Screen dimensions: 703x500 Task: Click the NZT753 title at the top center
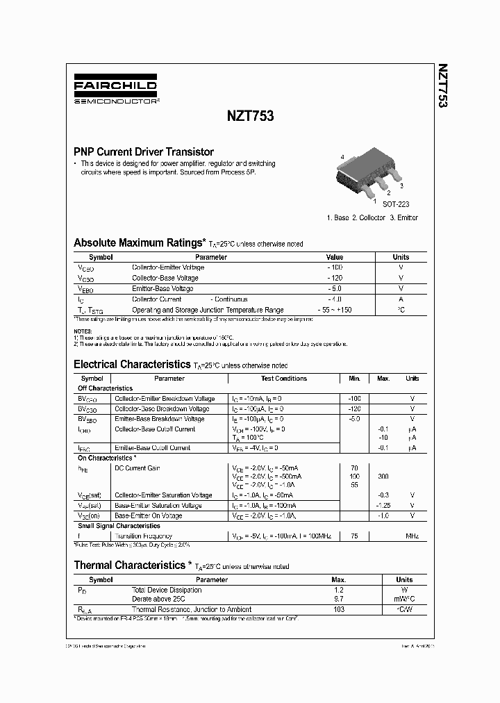(250, 117)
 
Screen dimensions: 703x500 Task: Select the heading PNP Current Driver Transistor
(144, 151)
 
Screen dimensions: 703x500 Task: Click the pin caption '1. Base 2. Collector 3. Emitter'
(372, 217)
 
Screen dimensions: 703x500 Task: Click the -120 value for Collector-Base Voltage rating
(335, 278)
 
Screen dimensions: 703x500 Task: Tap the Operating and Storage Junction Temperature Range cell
(208, 310)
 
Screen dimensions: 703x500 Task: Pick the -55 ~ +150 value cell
(335, 310)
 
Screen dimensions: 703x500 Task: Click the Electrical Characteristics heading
(131, 364)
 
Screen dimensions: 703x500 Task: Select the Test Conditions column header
(283, 379)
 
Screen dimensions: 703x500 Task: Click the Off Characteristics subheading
(105, 388)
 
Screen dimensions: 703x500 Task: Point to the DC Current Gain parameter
(137, 468)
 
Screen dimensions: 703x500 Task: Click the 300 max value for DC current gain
(383, 477)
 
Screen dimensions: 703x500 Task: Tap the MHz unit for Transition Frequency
(412, 536)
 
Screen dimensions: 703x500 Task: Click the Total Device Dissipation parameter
(167, 590)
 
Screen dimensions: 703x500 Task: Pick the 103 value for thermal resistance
(339, 609)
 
